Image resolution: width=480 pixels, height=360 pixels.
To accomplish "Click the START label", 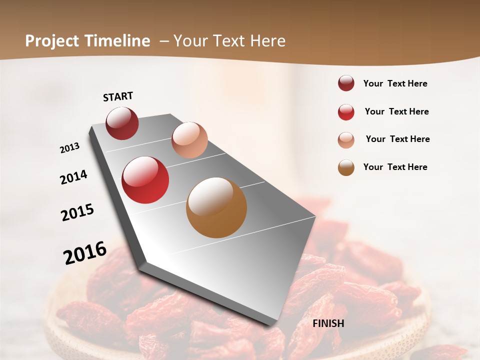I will pyautogui.click(x=118, y=96).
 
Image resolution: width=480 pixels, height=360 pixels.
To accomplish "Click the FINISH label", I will pyautogui.click(x=328, y=323).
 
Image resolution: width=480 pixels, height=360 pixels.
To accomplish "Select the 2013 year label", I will pyautogui.click(x=69, y=148).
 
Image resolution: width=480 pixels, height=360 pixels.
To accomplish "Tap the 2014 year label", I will pyautogui.click(x=73, y=177).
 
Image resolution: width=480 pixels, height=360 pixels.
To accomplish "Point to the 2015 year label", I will pyautogui.click(x=77, y=212).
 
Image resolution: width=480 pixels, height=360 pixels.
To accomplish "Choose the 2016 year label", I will pyautogui.click(x=85, y=252).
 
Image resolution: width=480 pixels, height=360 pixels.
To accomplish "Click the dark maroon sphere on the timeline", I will pyautogui.click(x=122, y=123).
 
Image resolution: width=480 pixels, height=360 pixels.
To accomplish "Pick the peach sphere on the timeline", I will pyautogui.click(x=189, y=139).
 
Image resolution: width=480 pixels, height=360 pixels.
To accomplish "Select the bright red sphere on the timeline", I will pyautogui.click(x=145, y=180).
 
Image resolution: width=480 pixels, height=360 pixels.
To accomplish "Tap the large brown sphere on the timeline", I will pyautogui.click(x=216, y=207).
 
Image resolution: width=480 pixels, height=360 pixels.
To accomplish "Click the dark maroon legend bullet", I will pyautogui.click(x=346, y=83).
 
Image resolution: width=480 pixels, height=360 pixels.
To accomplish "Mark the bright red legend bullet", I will pyautogui.click(x=346, y=111).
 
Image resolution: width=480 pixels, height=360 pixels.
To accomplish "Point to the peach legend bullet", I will pyautogui.click(x=346, y=139).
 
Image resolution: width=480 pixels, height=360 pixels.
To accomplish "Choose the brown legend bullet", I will pyautogui.click(x=346, y=167).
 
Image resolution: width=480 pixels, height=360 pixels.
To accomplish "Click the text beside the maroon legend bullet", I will pyautogui.click(x=395, y=83).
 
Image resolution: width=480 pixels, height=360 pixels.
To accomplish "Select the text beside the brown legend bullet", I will pyautogui.click(x=395, y=167).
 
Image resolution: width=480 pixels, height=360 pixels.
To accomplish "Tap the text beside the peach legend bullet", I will pyautogui.click(x=397, y=139).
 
